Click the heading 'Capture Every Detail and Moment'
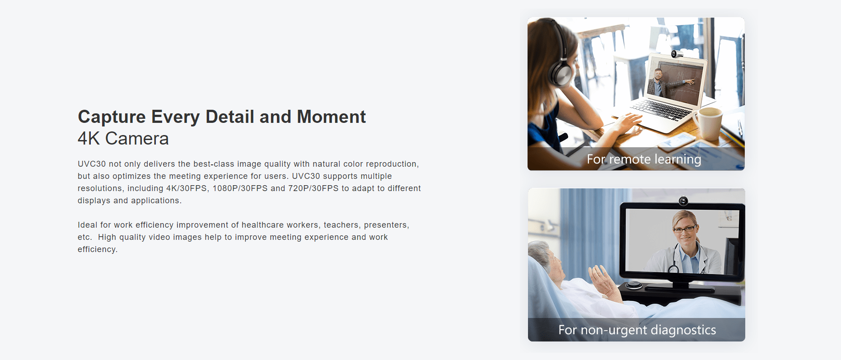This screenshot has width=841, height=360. (222, 117)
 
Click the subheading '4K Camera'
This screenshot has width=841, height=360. (123, 139)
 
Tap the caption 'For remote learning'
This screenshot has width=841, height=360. (644, 159)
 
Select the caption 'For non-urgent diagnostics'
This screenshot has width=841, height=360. (637, 330)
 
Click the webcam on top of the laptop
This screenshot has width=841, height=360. (677, 54)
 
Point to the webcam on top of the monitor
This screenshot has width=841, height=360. (683, 201)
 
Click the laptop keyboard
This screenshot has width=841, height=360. (663, 109)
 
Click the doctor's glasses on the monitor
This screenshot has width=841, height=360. (685, 229)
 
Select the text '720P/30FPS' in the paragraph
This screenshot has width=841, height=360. (313, 188)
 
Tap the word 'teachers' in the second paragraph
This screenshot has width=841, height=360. (342, 225)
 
